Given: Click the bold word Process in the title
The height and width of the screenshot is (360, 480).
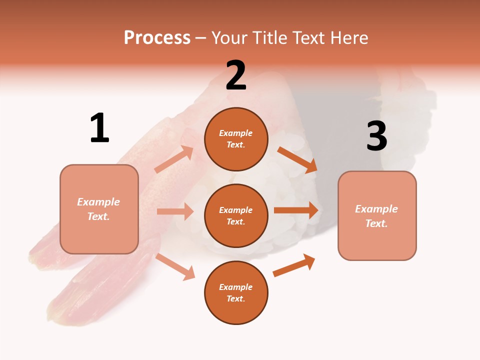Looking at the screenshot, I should (157, 38).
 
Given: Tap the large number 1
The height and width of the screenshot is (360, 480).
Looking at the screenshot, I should (99, 128).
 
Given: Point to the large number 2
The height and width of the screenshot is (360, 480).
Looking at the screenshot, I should (236, 75).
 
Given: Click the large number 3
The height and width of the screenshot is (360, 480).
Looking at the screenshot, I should (376, 136).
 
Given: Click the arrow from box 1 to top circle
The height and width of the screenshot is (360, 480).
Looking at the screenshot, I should (174, 159).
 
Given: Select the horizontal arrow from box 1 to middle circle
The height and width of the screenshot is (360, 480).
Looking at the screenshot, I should (175, 211).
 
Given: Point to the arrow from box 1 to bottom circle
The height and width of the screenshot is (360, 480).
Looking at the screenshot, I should (175, 266).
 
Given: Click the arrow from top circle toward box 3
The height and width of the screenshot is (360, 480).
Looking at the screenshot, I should (297, 160).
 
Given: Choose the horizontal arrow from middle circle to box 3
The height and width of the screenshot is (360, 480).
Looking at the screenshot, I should (296, 210).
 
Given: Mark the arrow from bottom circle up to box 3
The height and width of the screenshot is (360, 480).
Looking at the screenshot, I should (294, 265).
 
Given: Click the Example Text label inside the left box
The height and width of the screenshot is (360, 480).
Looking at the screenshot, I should (98, 209).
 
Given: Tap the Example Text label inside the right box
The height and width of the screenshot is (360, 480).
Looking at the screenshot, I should (376, 216).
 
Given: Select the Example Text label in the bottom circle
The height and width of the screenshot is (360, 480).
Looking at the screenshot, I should (236, 293).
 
